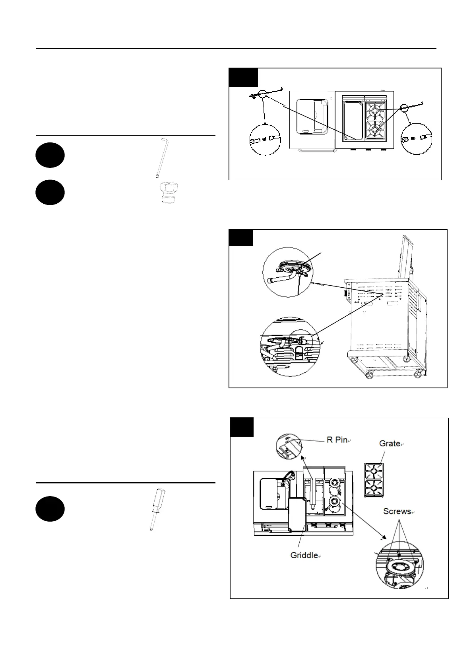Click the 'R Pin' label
click(x=337, y=440)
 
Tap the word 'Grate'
click(x=390, y=443)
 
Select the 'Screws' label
click(x=397, y=511)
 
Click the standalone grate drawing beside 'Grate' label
click(x=374, y=480)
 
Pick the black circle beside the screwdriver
click(x=50, y=509)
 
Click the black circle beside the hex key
click(x=50, y=155)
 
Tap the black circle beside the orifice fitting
click(x=50, y=193)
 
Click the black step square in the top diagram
click(x=244, y=78)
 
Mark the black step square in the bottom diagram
click(x=242, y=427)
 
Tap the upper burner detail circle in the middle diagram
click(x=288, y=272)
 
